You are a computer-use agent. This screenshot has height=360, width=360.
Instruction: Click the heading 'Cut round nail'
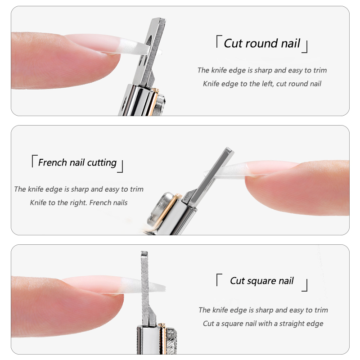[x=262, y=44]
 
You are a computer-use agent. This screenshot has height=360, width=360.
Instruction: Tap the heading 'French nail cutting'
[x=77, y=162]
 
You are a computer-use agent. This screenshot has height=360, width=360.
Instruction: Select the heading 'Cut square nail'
[x=261, y=281]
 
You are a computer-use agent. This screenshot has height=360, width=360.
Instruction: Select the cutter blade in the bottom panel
[x=145, y=288]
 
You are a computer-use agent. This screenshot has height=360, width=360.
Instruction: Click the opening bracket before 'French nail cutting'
[x=33, y=160]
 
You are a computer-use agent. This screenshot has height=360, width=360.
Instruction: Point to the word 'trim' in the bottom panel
[x=320, y=310]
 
